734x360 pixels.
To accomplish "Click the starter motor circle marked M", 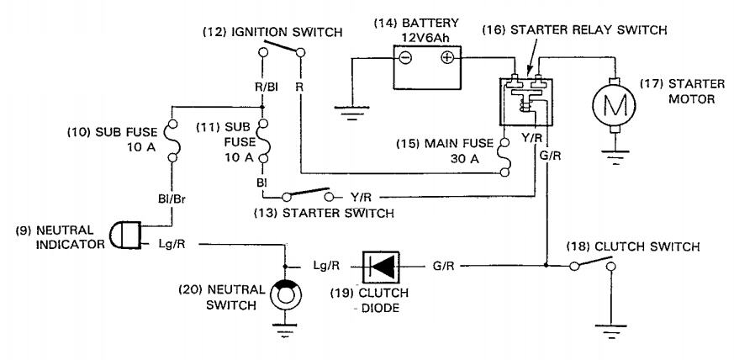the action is [x=614, y=106].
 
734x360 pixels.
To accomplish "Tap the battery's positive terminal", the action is [x=448, y=57].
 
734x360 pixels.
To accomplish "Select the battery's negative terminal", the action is [x=405, y=57].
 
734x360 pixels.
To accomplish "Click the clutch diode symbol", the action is [x=381, y=267].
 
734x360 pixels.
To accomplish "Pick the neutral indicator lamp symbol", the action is [x=125, y=235].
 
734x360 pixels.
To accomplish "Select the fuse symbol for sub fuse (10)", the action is [x=172, y=140].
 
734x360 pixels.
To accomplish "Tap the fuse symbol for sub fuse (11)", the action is [x=263, y=141].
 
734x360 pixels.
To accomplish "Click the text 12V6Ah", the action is [x=426, y=37].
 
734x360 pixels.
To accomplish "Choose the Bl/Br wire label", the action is [x=172, y=199].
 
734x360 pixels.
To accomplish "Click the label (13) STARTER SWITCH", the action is [x=324, y=214].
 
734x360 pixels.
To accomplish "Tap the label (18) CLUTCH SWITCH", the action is [x=632, y=246].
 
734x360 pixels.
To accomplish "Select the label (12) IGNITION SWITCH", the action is [x=272, y=32].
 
